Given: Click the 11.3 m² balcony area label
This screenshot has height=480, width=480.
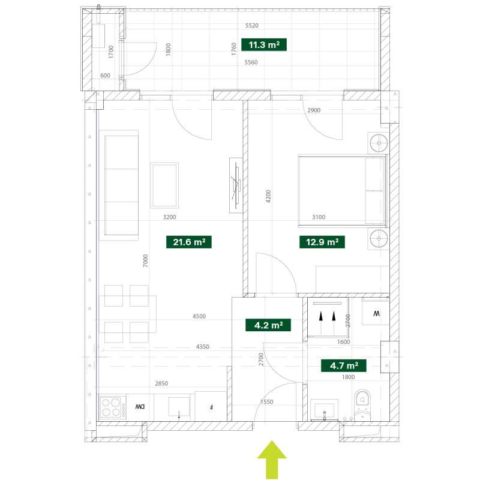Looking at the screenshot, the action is coord(264,44).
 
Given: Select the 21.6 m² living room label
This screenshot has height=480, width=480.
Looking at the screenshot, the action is coord(189,242).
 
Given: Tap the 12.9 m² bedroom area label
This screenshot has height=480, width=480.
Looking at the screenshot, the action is coord(322,242).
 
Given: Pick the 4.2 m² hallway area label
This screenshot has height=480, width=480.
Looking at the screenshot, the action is coord(268,325).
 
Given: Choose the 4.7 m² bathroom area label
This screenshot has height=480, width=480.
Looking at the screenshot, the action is coord(343,365).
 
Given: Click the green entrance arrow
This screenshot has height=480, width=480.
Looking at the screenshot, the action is coord(272,460).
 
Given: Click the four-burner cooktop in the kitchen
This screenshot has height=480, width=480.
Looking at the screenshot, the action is coord(112,407).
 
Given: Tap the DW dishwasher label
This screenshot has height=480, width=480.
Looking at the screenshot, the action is coord(140,407).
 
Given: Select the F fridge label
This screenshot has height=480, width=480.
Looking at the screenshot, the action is coord(211,407).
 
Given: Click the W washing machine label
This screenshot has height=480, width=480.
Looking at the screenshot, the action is coord(376,313).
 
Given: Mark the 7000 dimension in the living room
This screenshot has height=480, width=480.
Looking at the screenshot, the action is coord(145,261).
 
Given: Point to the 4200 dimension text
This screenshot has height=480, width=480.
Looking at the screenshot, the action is coord(268,196).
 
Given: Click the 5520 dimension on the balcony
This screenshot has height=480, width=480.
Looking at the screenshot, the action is coord(251,25).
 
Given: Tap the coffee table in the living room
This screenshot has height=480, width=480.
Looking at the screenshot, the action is coord(164,185).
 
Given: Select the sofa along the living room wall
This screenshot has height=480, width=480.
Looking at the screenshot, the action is coord(121,185).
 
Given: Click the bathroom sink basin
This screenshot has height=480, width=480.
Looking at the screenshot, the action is coord(324,410).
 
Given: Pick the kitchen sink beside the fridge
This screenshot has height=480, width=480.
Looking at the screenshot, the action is coord(179,407).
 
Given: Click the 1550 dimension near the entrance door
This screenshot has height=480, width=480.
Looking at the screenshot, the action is coord(266,401).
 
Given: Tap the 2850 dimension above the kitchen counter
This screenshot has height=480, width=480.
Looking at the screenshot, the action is coord(161,383).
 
